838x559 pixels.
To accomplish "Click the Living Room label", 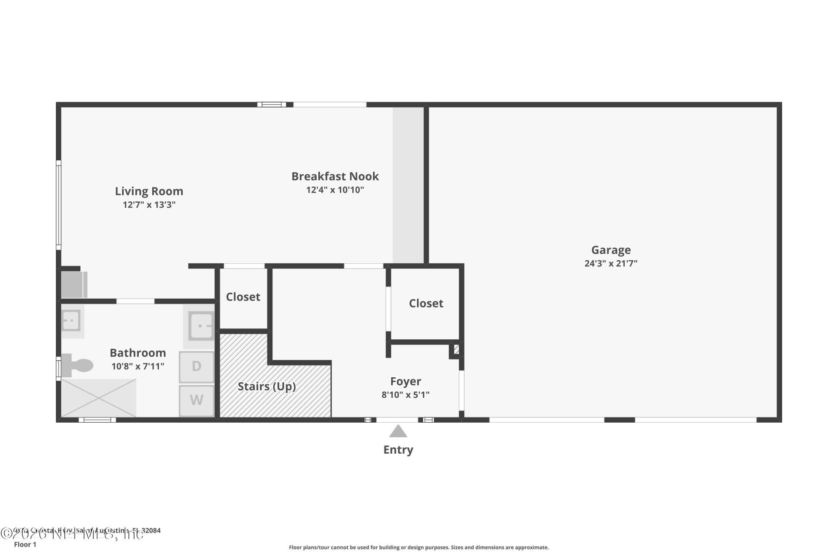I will pos(149,191).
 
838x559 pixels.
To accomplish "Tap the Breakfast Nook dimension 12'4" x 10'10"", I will pos(335,190).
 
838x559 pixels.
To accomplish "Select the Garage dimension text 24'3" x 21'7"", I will pos(611,263).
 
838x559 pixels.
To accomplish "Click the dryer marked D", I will pos(196,366).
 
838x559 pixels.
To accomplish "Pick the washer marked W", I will pos(196,400).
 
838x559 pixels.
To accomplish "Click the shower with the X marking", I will pos(99,398).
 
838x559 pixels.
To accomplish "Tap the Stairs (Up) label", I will pos(267,386).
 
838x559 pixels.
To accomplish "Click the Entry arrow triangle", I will pos(398,432).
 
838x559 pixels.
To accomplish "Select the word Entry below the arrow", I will pos(398,450).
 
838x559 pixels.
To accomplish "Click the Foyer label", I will pos(405,381).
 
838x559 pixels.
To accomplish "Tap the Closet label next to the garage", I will pos(426,304).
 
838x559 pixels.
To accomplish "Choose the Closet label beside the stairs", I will pos(243,297).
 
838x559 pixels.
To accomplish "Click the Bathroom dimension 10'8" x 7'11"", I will pos(137,366).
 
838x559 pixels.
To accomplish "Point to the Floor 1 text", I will pos(25,545).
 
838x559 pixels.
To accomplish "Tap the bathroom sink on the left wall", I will pos(71,321).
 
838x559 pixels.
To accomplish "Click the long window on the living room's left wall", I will pos(58,205).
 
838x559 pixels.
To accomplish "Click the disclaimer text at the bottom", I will pos(419,548).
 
